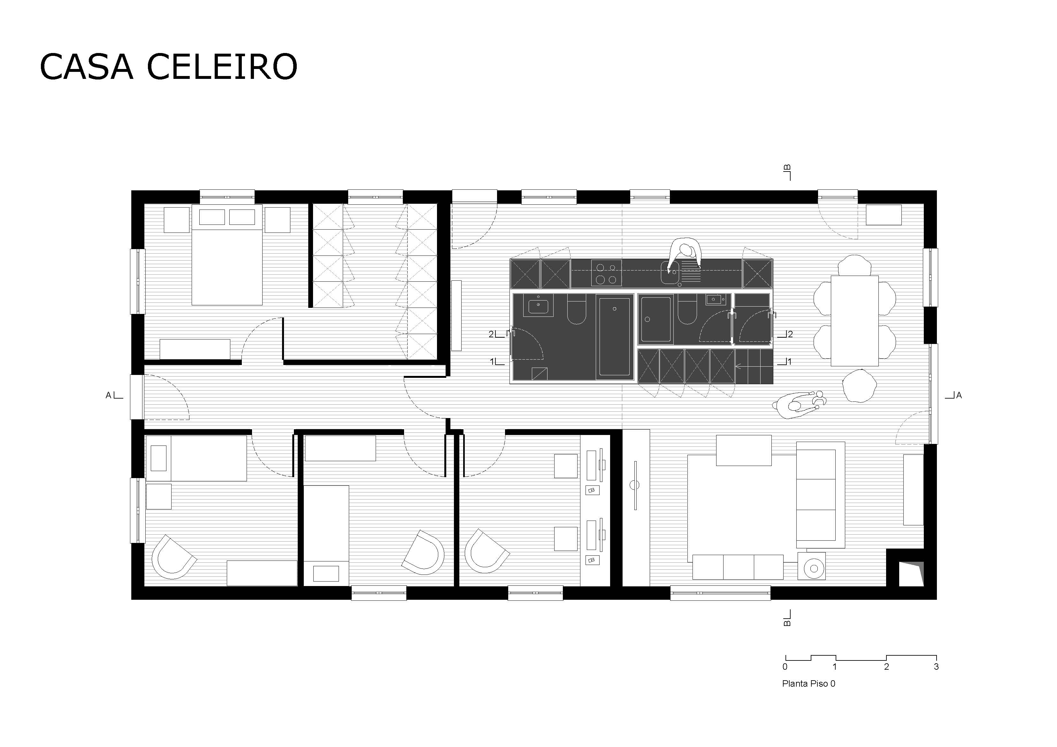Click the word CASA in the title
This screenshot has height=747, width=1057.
click(87, 67)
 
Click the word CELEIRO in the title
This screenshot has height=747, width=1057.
click(222, 67)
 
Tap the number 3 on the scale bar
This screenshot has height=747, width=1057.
click(936, 667)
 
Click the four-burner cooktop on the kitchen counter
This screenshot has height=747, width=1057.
click(606, 273)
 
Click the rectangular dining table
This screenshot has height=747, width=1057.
click(854, 321)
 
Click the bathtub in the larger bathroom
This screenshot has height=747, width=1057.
click(614, 337)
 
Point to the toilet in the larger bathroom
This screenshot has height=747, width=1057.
click(576, 309)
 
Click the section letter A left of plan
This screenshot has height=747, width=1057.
click(109, 395)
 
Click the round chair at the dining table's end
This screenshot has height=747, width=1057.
click(859, 386)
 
